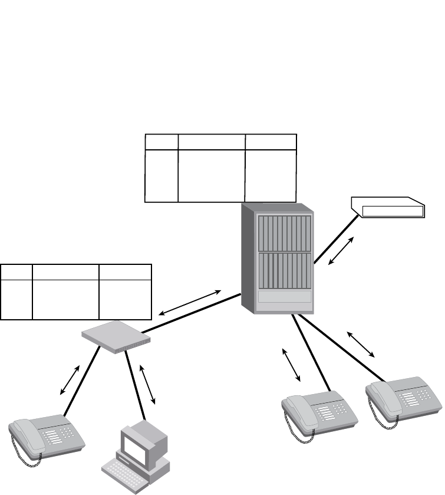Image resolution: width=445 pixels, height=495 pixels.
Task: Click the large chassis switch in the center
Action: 277,260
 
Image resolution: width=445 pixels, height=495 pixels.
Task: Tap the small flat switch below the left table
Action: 116,336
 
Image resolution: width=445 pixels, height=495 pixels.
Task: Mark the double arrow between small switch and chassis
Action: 190,302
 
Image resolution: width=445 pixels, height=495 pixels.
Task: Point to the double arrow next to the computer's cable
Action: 149,384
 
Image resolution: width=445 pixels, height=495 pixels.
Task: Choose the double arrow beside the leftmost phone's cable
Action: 70,381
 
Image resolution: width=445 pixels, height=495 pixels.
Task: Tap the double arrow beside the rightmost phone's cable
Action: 361,344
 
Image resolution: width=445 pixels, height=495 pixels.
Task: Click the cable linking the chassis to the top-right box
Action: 336,239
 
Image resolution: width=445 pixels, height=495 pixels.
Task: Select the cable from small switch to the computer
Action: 135,383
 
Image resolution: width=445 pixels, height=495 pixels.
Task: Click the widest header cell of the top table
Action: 212,142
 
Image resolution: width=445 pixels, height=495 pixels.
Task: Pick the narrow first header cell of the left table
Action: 16,272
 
